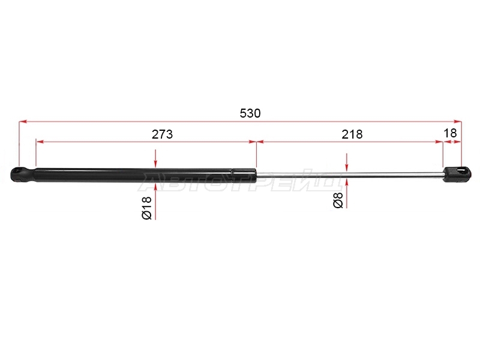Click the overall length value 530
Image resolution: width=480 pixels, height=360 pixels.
pos(250,113)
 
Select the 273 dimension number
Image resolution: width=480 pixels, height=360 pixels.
pos(162,134)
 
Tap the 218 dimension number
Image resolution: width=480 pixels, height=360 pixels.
pos(352,134)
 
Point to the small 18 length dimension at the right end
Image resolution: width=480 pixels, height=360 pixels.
pos(450,133)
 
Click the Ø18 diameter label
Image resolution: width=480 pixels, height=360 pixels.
pos(147,208)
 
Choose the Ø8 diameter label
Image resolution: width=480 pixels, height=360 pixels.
pos(338,200)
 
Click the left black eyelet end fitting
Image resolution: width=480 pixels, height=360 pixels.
pos(23,175)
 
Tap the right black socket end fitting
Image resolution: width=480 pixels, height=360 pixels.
pos(457,175)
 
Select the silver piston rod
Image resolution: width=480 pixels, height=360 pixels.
pos(350,175)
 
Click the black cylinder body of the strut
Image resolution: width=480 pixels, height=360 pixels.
pos(134,175)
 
